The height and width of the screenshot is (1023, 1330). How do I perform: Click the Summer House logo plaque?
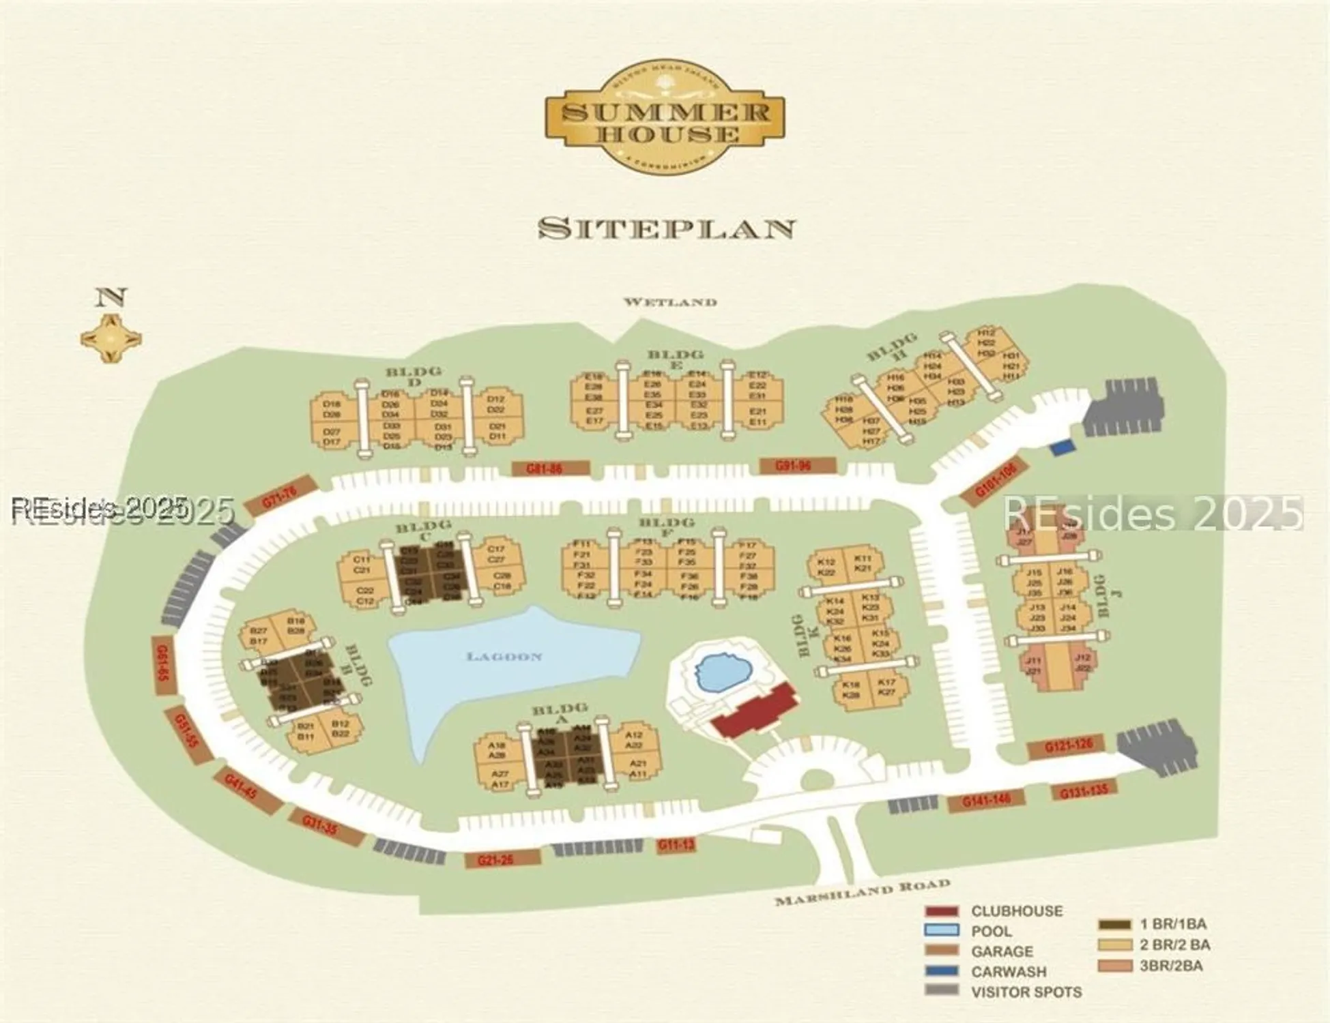click(x=665, y=120)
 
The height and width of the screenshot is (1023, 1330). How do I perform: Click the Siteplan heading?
click(x=666, y=228)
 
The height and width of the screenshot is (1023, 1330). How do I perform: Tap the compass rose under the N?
click(x=111, y=338)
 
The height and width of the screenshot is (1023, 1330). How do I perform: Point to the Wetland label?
click(x=670, y=301)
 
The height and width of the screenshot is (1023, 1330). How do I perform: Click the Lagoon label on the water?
click(x=504, y=657)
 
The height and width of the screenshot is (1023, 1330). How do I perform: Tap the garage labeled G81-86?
click(x=549, y=469)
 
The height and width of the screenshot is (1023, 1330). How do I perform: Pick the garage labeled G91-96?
click(x=797, y=466)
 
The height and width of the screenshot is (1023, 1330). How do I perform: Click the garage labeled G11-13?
click(x=676, y=846)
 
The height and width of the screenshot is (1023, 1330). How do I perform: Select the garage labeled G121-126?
click(x=1069, y=746)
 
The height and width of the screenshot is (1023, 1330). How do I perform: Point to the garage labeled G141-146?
click(x=985, y=801)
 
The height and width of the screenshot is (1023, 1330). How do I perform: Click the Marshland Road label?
click(x=862, y=892)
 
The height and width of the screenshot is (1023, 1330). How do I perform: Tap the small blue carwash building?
click(x=1062, y=448)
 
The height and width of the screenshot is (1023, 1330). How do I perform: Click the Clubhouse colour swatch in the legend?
click(x=942, y=911)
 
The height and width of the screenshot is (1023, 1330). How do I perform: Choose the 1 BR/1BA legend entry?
click(x=1172, y=925)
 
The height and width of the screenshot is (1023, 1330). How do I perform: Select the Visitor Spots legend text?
click(x=1026, y=992)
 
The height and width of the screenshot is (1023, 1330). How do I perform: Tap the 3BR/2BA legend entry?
click(x=1170, y=966)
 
